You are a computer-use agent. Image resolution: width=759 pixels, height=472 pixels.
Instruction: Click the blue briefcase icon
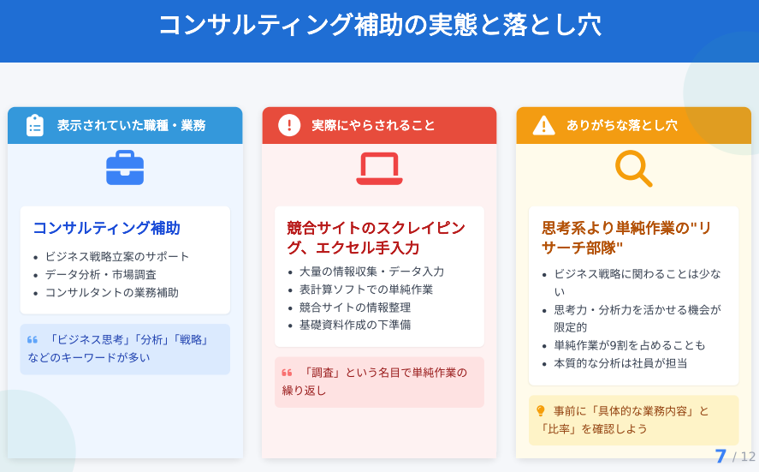pos(125,168)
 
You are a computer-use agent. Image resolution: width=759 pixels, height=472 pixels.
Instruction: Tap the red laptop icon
pos(380,168)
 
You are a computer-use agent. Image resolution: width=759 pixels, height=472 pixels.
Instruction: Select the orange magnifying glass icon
pos(633,169)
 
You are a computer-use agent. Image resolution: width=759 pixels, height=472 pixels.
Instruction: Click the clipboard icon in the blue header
pos(35,126)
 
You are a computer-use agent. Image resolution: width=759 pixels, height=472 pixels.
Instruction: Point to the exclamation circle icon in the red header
pos(289,125)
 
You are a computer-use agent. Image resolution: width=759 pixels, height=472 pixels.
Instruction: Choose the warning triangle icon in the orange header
pos(543,126)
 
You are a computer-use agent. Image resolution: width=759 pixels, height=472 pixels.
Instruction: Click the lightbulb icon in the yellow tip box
pos(541,411)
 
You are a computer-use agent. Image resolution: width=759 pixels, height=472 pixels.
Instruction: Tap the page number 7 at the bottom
pos(720,456)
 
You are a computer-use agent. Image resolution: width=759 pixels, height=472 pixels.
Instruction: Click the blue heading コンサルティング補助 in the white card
pos(106,228)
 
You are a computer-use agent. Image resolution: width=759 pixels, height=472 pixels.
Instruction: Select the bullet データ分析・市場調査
pos(101,275)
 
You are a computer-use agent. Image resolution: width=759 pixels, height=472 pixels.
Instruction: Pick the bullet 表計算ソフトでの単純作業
pos(366,290)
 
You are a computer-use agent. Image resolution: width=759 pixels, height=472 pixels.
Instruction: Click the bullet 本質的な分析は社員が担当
pos(620,363)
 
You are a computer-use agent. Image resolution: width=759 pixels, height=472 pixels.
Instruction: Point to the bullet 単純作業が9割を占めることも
pos(629,345)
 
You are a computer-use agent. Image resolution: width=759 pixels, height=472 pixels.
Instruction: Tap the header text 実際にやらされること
pos(373,126)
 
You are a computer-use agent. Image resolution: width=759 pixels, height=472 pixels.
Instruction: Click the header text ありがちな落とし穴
pos(622,126)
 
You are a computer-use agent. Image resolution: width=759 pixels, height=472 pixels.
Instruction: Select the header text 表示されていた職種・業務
pos(131,126)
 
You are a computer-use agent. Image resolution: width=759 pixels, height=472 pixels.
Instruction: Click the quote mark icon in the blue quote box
pos(33,340)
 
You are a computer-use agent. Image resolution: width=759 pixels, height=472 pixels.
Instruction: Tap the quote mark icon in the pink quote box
pos(287,373)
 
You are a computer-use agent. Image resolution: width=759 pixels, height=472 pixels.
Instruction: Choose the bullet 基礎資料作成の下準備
pos(355,325)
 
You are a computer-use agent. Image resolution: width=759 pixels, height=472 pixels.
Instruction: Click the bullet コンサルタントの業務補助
pos(112,293)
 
